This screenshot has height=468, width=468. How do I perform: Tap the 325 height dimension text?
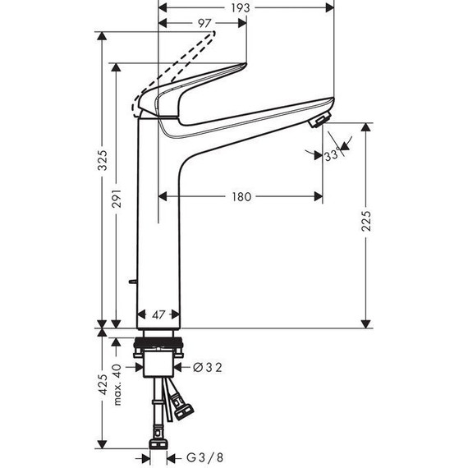[103, 160]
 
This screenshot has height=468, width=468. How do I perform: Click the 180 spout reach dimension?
[241, 196]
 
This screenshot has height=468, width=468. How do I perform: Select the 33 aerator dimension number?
[331, 156]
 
